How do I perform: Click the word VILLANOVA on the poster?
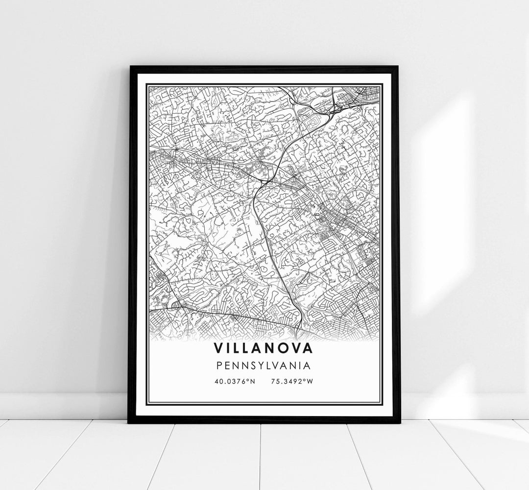[x=264, y=348]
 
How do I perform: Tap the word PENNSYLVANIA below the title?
[x=264, y=365]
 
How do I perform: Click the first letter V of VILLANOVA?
[x=218, y=348]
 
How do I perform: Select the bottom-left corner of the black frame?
[x=129, y=422]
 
